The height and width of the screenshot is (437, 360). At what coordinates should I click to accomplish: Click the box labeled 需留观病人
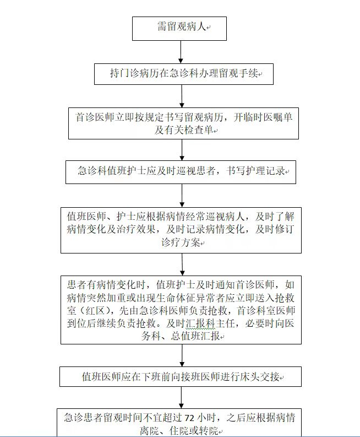tap(179, 29)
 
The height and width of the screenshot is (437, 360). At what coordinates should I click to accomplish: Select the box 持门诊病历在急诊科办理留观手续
tap(184, 74)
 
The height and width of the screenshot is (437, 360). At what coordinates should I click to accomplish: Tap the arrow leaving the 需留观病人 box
tap(181, 52)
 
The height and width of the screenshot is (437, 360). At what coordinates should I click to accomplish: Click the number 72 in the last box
tap(189, 418)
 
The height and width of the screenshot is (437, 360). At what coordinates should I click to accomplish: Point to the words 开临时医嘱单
tap(263, 117)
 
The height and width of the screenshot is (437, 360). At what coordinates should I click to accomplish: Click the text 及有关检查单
tap(184, 130)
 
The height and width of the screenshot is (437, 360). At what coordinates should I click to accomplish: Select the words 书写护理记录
tap(255, 171)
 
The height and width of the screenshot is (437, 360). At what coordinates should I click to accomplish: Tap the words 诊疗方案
tap(181, 242)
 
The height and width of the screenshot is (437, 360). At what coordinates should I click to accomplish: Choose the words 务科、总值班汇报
tap(181, 336)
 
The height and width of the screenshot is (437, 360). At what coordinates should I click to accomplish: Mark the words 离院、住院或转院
tap(179, 431)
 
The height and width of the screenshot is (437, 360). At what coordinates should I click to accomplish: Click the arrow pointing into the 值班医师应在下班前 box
tap(182, 355)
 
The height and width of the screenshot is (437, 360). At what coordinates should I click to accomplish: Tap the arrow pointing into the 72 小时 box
tap(182, 398)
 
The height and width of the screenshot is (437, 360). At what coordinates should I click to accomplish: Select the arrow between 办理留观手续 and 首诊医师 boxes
tap(182, 96)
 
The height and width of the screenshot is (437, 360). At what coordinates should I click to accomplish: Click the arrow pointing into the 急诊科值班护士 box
tap(182, 150)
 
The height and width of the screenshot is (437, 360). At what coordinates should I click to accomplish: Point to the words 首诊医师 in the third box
tap(90, 117)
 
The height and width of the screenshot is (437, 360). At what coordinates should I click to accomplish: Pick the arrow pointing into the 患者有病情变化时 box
tap(182, 265)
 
